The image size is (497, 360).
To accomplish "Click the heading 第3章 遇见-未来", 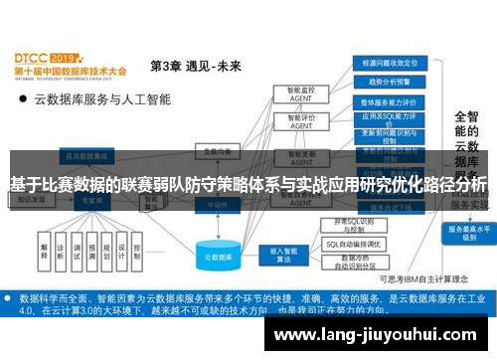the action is click(x=195, y=67).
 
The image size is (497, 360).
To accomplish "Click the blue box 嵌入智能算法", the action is click(x=278, y=254).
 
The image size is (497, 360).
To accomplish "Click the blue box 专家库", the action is click(x=91, y=199).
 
